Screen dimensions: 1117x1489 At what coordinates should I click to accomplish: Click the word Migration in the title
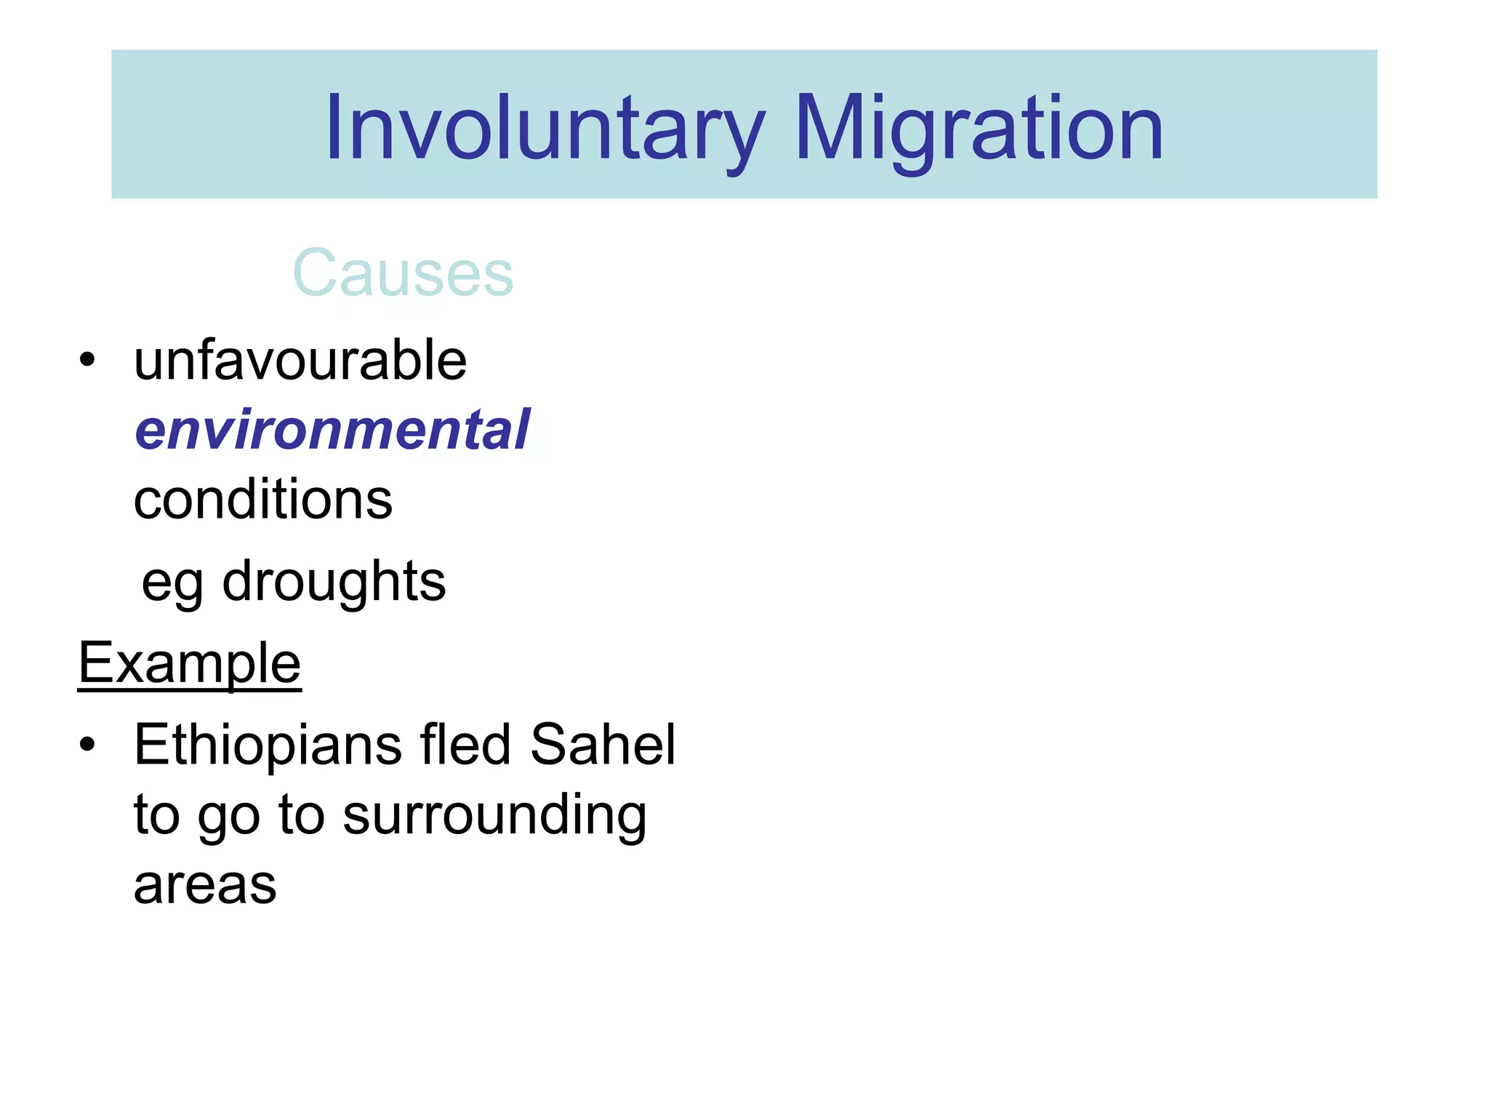pyautogui.click(x=979, y=129)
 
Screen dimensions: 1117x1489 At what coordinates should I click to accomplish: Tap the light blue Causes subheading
pyautogui.click(x=403, y=273)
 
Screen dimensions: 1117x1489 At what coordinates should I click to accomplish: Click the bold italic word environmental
pyautogui.click(x=332, y=430)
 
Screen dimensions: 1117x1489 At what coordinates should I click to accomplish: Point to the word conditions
pyautogui.click(x=263, y=500)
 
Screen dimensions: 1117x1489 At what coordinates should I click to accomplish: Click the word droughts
pyautogui.click(x=334, y=582)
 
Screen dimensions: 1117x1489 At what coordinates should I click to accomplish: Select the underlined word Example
pyautogui.click(x=190, y=663)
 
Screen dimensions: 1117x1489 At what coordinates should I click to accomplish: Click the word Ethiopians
pyautogui.click(x=268, y=745)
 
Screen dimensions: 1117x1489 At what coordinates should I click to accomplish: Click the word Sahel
pyautogui.click(x=603, y=745)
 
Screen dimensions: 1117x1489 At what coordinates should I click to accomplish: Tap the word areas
pyautogui.click(x=205, y=886)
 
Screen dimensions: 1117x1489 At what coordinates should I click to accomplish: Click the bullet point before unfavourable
pyautogui.click(x=87, y=360)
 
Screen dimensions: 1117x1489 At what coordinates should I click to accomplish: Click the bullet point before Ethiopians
pyautogui.click(x=87, y=745)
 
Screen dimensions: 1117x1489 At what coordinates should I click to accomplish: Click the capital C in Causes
pyautogui.click(x=315, y=273)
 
